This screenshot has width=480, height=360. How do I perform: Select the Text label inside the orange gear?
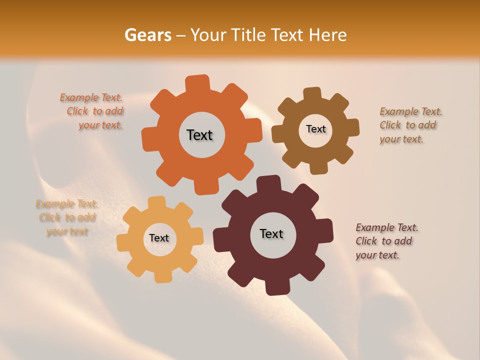[x=199, y=135]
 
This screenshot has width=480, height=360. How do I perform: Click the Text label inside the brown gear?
[x=315, y=129]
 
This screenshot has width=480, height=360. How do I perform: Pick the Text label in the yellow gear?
[x=159, y=238]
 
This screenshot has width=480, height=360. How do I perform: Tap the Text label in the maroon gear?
[x=271, y=233]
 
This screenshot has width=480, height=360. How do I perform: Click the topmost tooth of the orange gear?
[x=198, y=83]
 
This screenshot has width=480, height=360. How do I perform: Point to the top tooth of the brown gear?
[x=312, y=94]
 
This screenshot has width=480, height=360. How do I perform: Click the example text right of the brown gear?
[x=409, y=125]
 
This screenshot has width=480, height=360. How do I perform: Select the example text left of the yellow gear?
[x=67, y=217]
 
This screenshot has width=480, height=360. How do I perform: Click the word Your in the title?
[x=209, y=35]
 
